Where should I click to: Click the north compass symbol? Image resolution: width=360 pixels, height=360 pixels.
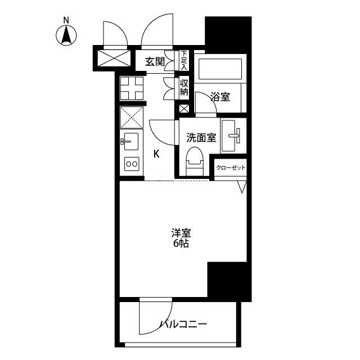coord(67,34)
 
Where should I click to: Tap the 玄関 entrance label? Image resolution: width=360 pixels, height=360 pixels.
coord(155,62)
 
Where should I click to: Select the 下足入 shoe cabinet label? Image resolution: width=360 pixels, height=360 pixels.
coord(184,60)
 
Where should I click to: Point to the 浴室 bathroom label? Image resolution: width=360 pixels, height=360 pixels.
coord(220,97)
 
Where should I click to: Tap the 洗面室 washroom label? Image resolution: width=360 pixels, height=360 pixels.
coord(201,137)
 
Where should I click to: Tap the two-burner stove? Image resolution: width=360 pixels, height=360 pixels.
coord(132,164)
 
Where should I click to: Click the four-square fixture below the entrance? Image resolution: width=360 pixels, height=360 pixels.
coord(132,88)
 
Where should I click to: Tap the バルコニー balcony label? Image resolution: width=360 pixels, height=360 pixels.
coord(183,324)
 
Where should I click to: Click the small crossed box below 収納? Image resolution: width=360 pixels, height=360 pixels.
coord(184,109)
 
